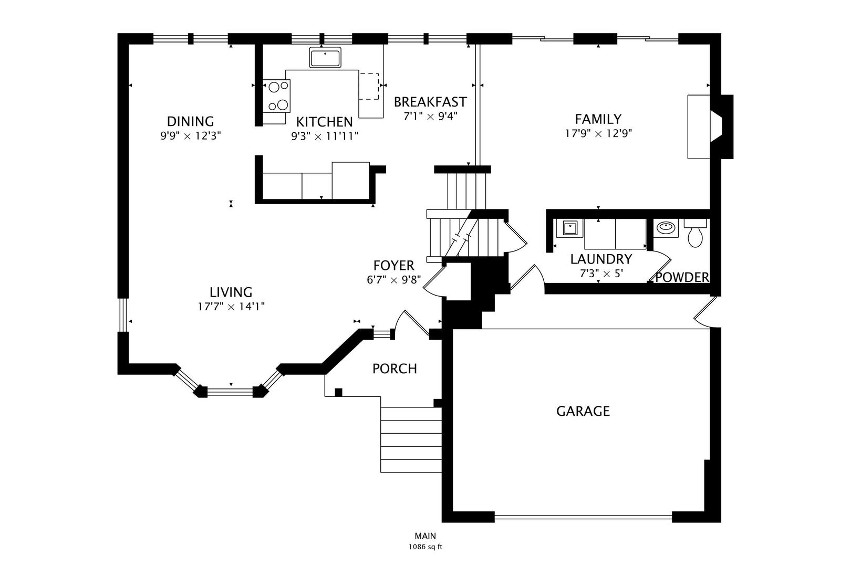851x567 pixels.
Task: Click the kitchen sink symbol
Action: (325, 57)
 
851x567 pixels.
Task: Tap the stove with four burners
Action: (276, 96)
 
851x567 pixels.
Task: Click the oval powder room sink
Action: (666, 228)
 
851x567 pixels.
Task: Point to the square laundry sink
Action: (569, 228)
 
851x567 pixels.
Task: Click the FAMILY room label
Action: (598, 119)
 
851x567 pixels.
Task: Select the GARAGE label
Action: (583, 411)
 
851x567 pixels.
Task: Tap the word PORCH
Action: (395, 369)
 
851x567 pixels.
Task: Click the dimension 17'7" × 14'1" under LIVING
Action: (231, 307)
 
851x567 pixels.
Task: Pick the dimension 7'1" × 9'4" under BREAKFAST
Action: (430, 116)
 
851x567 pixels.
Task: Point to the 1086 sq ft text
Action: (425, 547)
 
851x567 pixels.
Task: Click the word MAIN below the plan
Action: (425, 536)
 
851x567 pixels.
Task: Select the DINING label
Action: (190, 121)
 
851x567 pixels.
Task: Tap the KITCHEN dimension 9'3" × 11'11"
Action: (325, 136)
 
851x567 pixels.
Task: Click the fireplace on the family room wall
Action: (710, 127)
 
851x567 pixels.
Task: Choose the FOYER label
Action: (393, 266)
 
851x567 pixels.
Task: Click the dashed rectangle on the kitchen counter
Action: (369, 87)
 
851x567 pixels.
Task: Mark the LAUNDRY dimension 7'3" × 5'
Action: (601, 274)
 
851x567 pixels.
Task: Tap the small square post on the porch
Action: (338, 392)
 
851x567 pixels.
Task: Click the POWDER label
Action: (682, 278)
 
